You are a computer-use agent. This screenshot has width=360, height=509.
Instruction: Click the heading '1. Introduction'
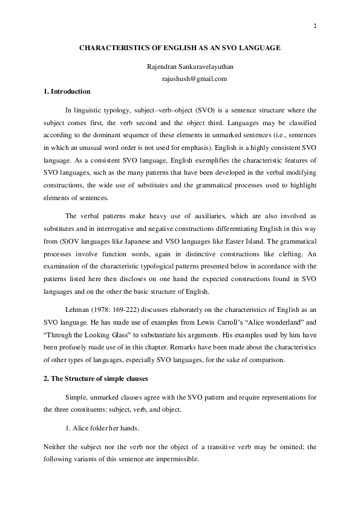click(x=67, y=91)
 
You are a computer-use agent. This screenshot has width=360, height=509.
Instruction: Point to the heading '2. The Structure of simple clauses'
click(x=96, y=378)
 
